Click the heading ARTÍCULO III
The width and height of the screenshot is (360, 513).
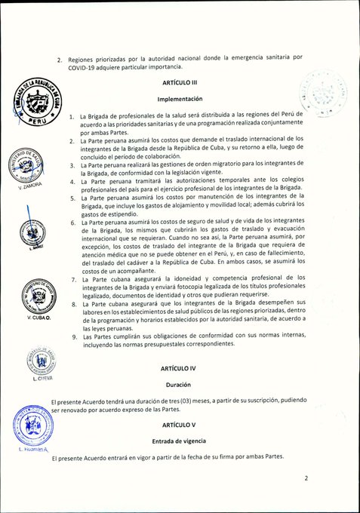(x=179, y=81)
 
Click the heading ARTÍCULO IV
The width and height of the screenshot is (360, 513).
(x=179, y=368)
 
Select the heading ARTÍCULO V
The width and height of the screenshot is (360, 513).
(x=179, y=425)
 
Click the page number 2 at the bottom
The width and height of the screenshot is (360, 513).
(x=306, y=478)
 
